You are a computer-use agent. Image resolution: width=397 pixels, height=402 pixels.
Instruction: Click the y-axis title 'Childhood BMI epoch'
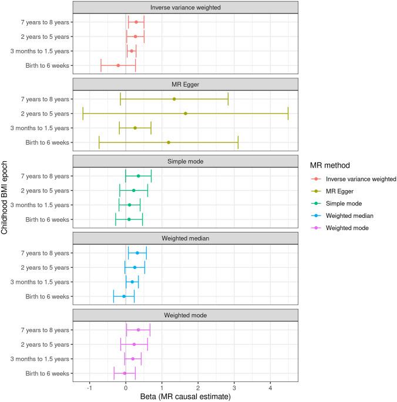[x=5, y=200]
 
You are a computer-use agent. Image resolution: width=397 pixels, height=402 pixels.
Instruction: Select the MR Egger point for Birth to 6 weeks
[x=169, y=142]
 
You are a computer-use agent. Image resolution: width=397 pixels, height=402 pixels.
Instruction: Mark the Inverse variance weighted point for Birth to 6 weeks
[x=118, y=65]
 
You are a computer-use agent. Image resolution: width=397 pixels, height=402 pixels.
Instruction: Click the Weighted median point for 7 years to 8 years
[x=137, y=253]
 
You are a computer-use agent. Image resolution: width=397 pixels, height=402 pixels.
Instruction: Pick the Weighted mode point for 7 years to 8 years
[x=138, y=330]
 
